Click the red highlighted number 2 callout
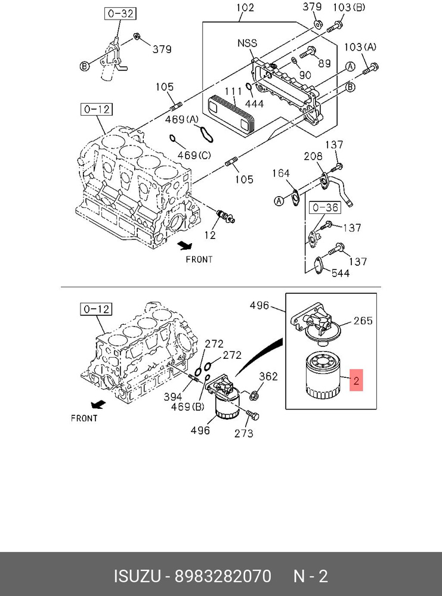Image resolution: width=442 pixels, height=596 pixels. point(356,380)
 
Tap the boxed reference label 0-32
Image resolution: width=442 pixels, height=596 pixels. point(120,14)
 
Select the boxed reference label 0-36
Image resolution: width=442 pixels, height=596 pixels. point(325,207)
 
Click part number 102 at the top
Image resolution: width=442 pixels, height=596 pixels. point(245,8)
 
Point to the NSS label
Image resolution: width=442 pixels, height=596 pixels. point(248,43)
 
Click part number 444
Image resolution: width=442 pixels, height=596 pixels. point(255,103)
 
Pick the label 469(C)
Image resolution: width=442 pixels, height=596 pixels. point(194,155)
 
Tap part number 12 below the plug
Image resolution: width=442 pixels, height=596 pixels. point(209,235)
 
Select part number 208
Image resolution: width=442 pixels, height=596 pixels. point(313,156)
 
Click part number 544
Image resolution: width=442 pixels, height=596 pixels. point(341,273)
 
